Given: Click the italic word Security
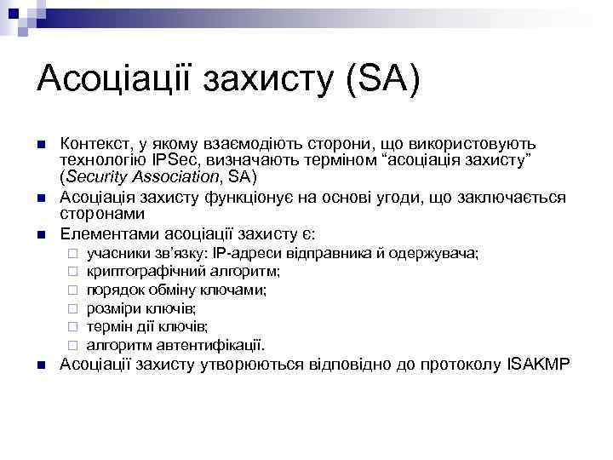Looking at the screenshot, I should tap(96, 177).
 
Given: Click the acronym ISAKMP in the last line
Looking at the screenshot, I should tap(541, 365).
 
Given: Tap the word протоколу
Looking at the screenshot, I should tap(461, 365).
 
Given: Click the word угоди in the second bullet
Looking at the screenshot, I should tap(394, 198).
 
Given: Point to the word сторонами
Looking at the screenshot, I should tap(95, 214).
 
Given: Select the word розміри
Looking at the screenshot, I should tap(112, 308).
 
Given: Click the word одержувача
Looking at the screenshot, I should tap(435, 253).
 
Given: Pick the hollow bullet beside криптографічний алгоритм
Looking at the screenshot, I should tap(74, 272).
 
